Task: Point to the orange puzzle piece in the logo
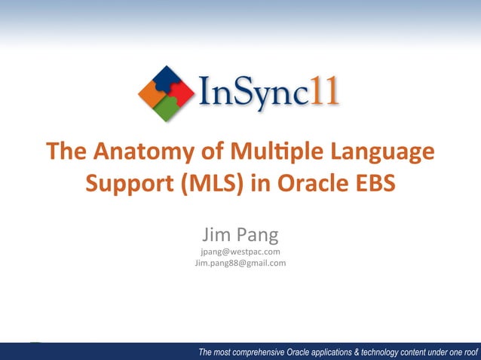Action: pyautogui.click(x=152, y=93)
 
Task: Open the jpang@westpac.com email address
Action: pyautogui.click(x=240, y=251)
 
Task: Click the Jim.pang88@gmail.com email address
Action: pyautogui.click(x=240, y=263)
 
